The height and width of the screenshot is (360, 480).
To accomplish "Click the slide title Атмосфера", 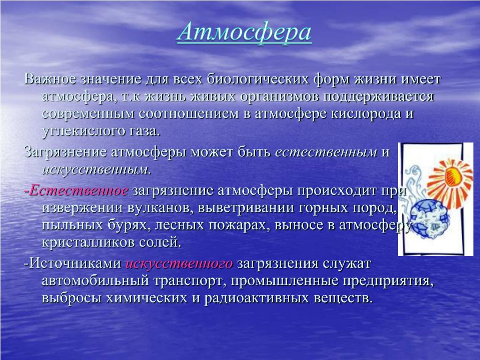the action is (244, 32).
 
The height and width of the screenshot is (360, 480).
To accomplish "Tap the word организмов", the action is (279, 97).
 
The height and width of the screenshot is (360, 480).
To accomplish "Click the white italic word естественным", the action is (326, 152).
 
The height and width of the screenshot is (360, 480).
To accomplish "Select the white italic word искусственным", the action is (97, 169).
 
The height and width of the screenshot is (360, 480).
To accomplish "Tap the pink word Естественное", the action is (79, 190).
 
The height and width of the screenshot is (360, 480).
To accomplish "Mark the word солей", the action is (160, 242).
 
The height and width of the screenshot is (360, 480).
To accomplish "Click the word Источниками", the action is (75, 263).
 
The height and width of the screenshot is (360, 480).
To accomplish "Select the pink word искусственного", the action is (180, 263).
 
